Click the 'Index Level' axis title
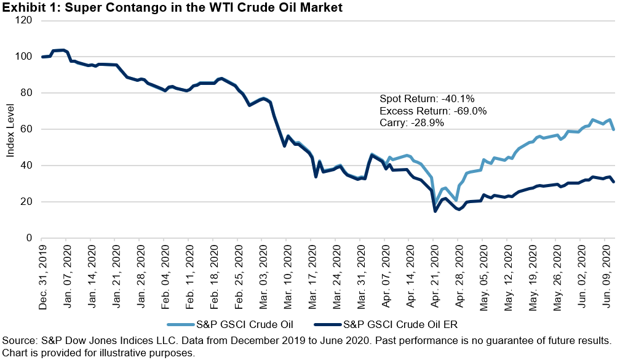click(10, 129)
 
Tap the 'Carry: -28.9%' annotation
click(411, 123)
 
